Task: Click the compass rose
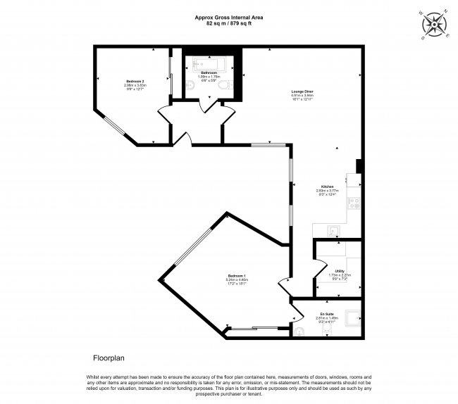coord(435,25)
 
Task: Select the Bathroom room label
coord(209,72)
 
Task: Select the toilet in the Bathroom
coord(223,87)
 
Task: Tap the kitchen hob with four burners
coord(354,203)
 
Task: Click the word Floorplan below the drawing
coord(109,358)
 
